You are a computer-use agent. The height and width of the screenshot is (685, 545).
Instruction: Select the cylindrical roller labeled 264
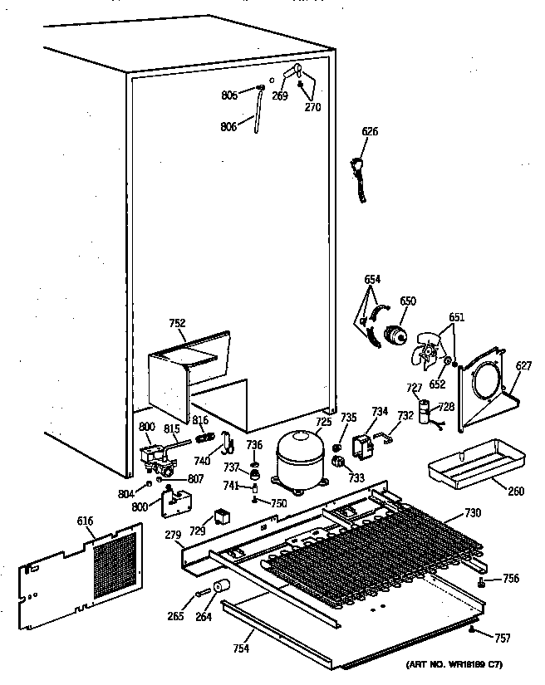tap(220, 590)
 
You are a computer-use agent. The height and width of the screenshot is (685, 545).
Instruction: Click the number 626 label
tap(371, 131)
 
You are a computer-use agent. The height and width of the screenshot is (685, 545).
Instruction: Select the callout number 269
tap(280, 96)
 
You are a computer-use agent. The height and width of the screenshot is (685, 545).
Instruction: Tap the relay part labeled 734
tap(363, 447)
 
